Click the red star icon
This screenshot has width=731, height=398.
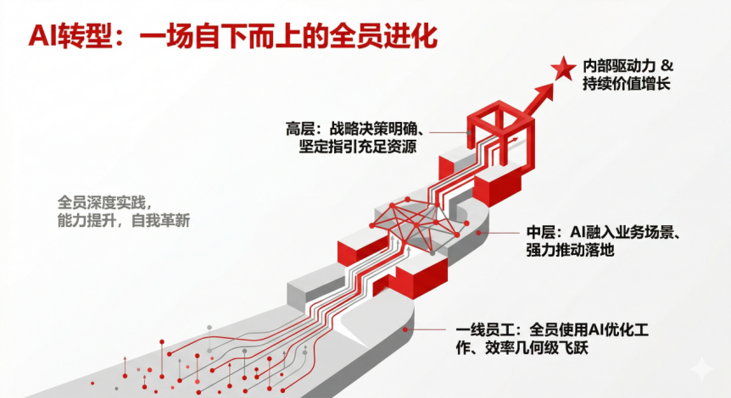point(562,68)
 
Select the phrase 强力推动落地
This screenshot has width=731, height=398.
point(569,251)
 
